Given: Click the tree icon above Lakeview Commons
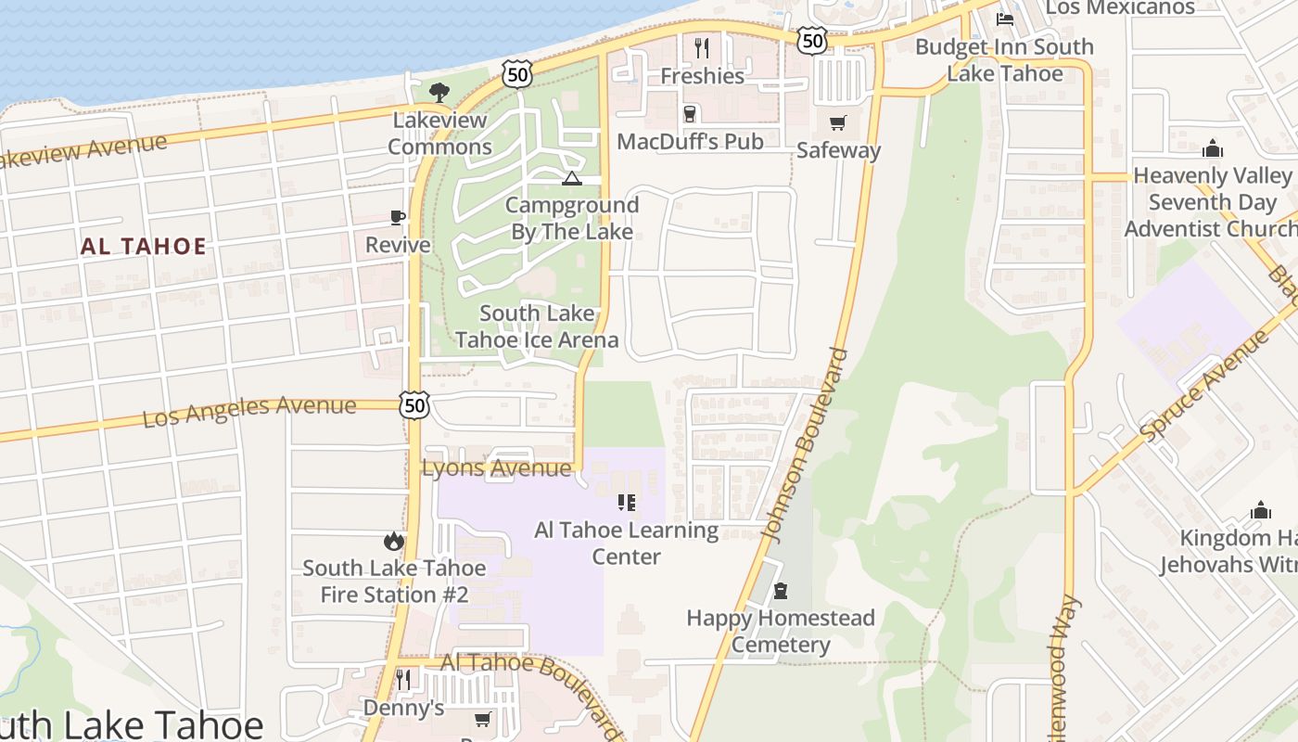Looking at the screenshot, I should coord(439,91).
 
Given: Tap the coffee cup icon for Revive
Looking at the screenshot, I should coord(398,218).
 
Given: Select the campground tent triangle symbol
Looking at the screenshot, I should coord(572,178).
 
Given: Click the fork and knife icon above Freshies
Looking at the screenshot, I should coord(702,47).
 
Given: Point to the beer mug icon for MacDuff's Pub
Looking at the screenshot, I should coord(690,114).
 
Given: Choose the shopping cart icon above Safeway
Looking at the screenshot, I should coord(838,122).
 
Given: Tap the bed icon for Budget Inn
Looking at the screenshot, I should coord(1005,19).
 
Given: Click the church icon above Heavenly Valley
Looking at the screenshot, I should coord(1213,148).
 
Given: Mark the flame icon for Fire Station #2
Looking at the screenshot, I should coord(394,541).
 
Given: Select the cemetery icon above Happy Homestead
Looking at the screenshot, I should coord(781,591).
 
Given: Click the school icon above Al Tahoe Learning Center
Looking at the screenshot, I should coord(627,503).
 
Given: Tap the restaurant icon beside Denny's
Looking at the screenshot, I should coord(403,680).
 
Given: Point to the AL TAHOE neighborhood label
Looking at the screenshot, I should coord(144,247).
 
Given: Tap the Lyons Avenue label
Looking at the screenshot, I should coord(496,468).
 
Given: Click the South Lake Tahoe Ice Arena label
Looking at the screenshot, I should coord(537,326).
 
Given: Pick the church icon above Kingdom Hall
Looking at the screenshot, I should coord(1260,510).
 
